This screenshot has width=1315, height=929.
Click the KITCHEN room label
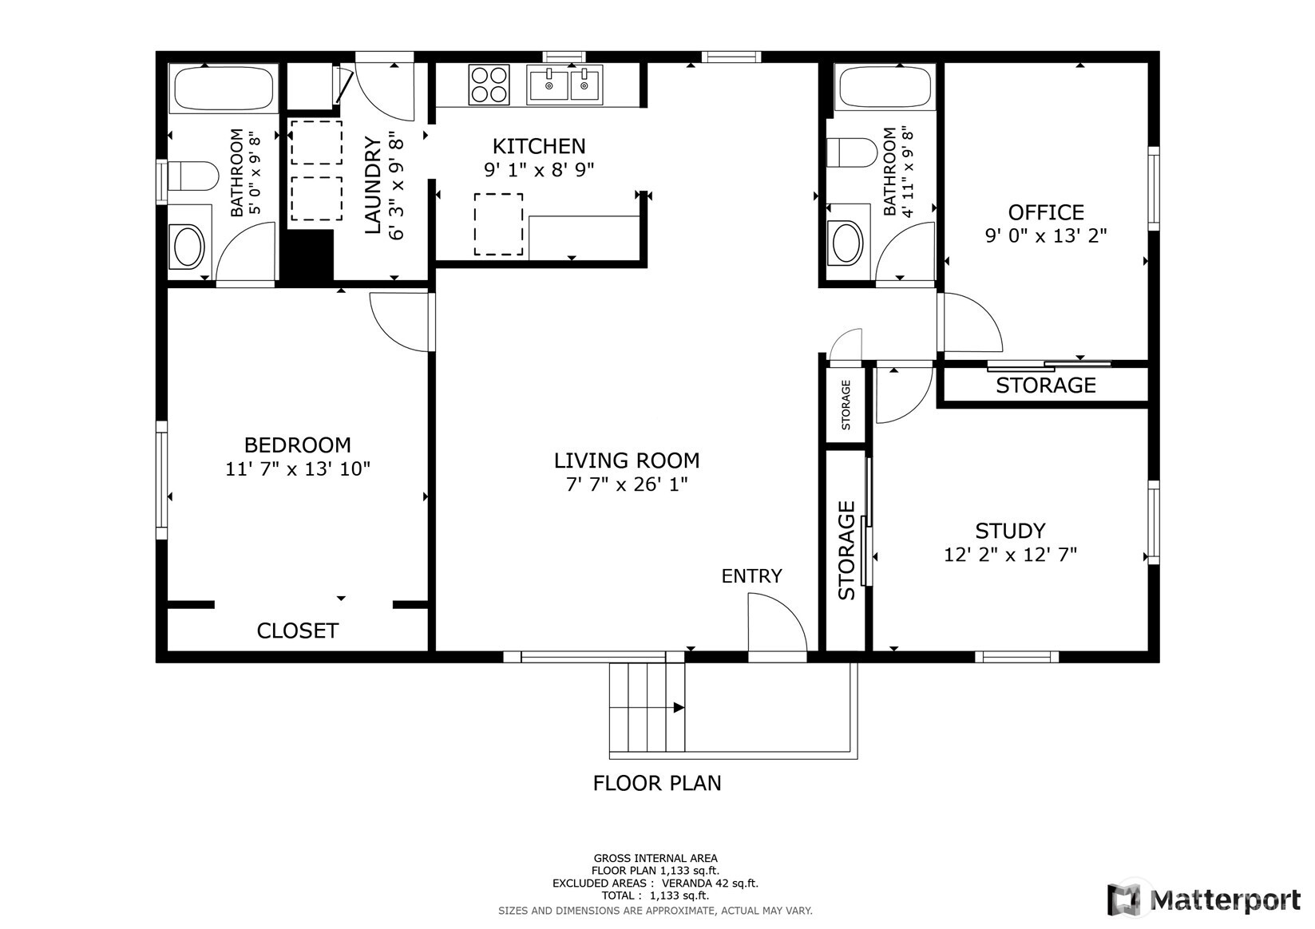(x=539, y=146)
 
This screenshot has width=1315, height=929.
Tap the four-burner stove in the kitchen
(x=489, y=85)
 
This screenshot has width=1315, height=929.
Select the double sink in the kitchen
(x=564, y=85)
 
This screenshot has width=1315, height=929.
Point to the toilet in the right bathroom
(x=852, y=152)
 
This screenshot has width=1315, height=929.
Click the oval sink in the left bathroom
(x=187, y=245)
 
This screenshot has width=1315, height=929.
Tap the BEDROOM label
(x=298, y=445)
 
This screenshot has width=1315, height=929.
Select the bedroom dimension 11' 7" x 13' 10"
(x=298, y=469)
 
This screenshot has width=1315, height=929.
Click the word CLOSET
(x=298, y=631)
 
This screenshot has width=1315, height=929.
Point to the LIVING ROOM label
(x=627, y=461)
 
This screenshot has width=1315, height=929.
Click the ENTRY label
(x=751, y=576)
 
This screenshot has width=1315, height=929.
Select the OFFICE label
(x=1046, y=212)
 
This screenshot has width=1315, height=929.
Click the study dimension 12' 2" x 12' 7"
(x=1010, y=555)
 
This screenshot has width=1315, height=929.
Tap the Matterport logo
(x=1203, y=899)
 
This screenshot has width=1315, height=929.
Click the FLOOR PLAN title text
(x=657, y=783)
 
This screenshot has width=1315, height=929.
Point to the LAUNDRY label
(x=373, y=185)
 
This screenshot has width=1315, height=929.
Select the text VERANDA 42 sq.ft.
(x=710, y=884)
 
